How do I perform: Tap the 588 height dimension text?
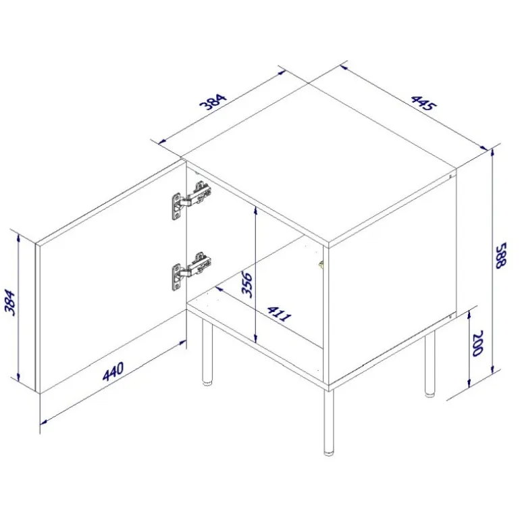(500, 255)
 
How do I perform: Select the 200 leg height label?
(478, 343)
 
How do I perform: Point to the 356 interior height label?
(246, 284)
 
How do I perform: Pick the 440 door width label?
(113, 371)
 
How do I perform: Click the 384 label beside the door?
(9, 303)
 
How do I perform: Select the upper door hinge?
(191, 200)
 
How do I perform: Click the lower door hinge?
(191, 271)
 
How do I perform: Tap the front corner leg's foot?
(328, 452)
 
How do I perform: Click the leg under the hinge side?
(207, 352)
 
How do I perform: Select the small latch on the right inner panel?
(321, 264)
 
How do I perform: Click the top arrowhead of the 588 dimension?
(493, 153)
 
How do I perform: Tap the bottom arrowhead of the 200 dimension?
(469, 384)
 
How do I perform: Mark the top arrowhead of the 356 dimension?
(255, 209)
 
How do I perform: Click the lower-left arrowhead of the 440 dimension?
(44, 422)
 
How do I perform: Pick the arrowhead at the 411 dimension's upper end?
(219, 288)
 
